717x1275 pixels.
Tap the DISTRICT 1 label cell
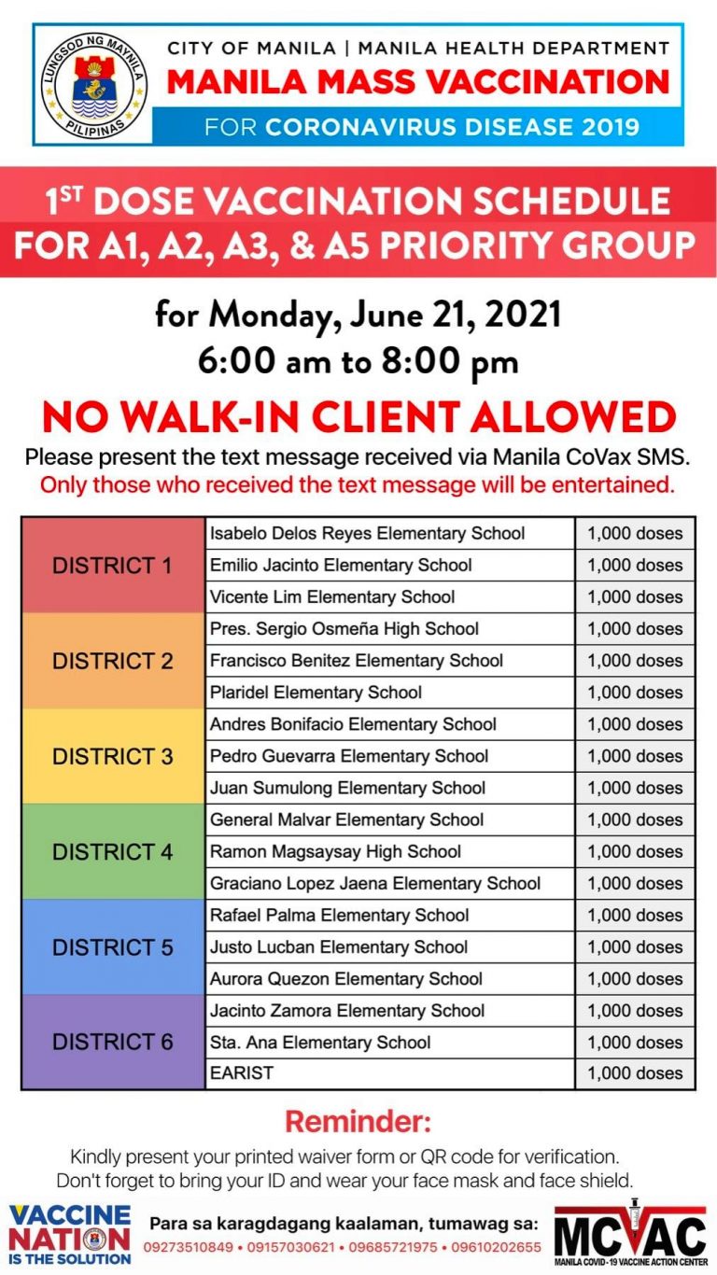pos(113,566)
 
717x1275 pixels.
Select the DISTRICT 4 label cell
pos(113,851)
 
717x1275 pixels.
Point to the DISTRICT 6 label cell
pos(113,1042)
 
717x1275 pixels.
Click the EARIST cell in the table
pos(242,1073)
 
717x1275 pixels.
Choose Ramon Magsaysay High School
pos(335,851)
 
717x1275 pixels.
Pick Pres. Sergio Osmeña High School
pos(344,629)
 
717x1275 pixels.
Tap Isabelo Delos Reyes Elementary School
pos(367,534)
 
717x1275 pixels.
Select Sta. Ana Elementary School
pos(320,1042)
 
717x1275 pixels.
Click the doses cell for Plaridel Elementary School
pos(635,693)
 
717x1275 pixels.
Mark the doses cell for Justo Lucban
pos(635,946)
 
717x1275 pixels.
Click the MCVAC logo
pos(630,1232)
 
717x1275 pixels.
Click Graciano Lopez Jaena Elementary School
pos(375,883)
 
